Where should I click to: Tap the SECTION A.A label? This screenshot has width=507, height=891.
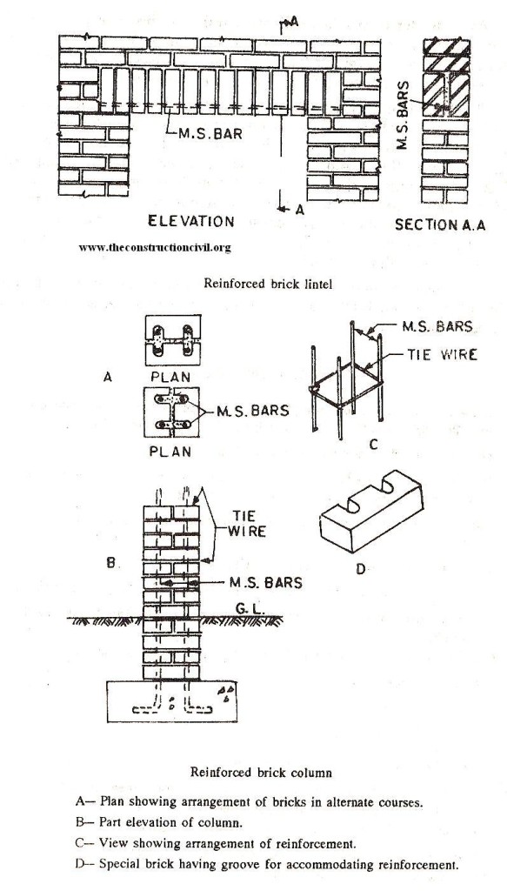440,224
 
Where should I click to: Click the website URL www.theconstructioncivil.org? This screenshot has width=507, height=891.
155,248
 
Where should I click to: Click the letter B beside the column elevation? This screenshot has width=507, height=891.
110,563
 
